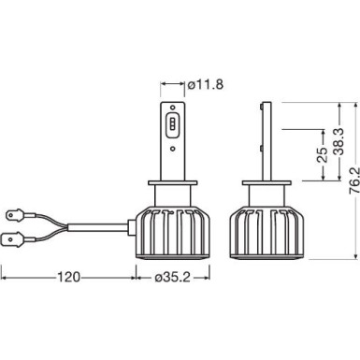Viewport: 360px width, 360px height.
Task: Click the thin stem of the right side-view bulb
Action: tap(266, 140)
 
